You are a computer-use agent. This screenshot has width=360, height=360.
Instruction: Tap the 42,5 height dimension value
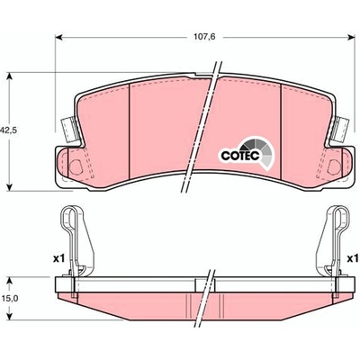(8, 130)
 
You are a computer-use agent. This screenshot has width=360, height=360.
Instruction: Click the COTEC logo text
(240, 155)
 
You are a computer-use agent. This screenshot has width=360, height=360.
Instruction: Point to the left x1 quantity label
(58, 258)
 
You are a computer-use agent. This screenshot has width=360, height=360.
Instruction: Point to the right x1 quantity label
(353, 258)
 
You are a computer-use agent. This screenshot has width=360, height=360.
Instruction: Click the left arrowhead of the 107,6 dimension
(58, 37)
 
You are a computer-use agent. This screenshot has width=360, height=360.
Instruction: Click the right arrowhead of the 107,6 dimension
(352, 37)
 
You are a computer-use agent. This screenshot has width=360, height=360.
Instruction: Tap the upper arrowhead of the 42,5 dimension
(10, 76)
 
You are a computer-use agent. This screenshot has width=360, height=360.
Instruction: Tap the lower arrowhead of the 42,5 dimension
(10, 187)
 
